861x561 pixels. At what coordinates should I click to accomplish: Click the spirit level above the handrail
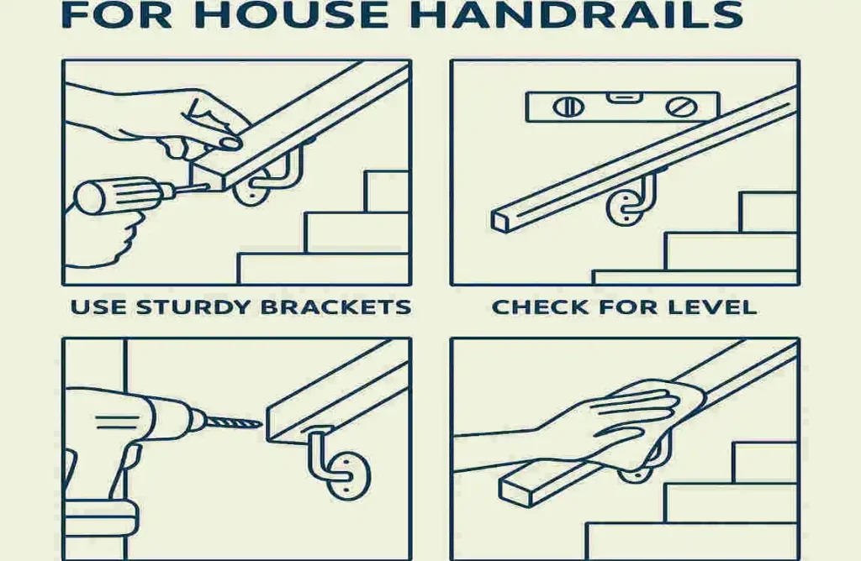pyautogui.click(x=622, y=107)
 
